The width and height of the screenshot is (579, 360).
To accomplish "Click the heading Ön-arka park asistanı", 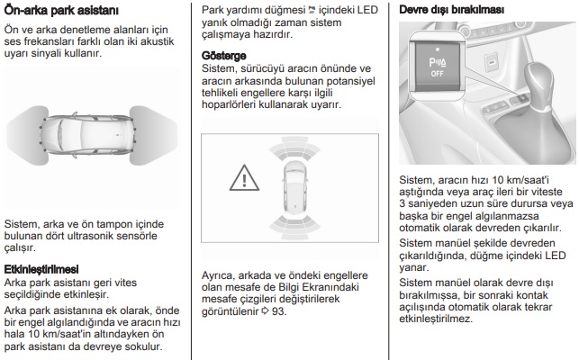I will (61, 11).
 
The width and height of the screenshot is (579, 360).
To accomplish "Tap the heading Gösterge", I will (222, 56).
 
